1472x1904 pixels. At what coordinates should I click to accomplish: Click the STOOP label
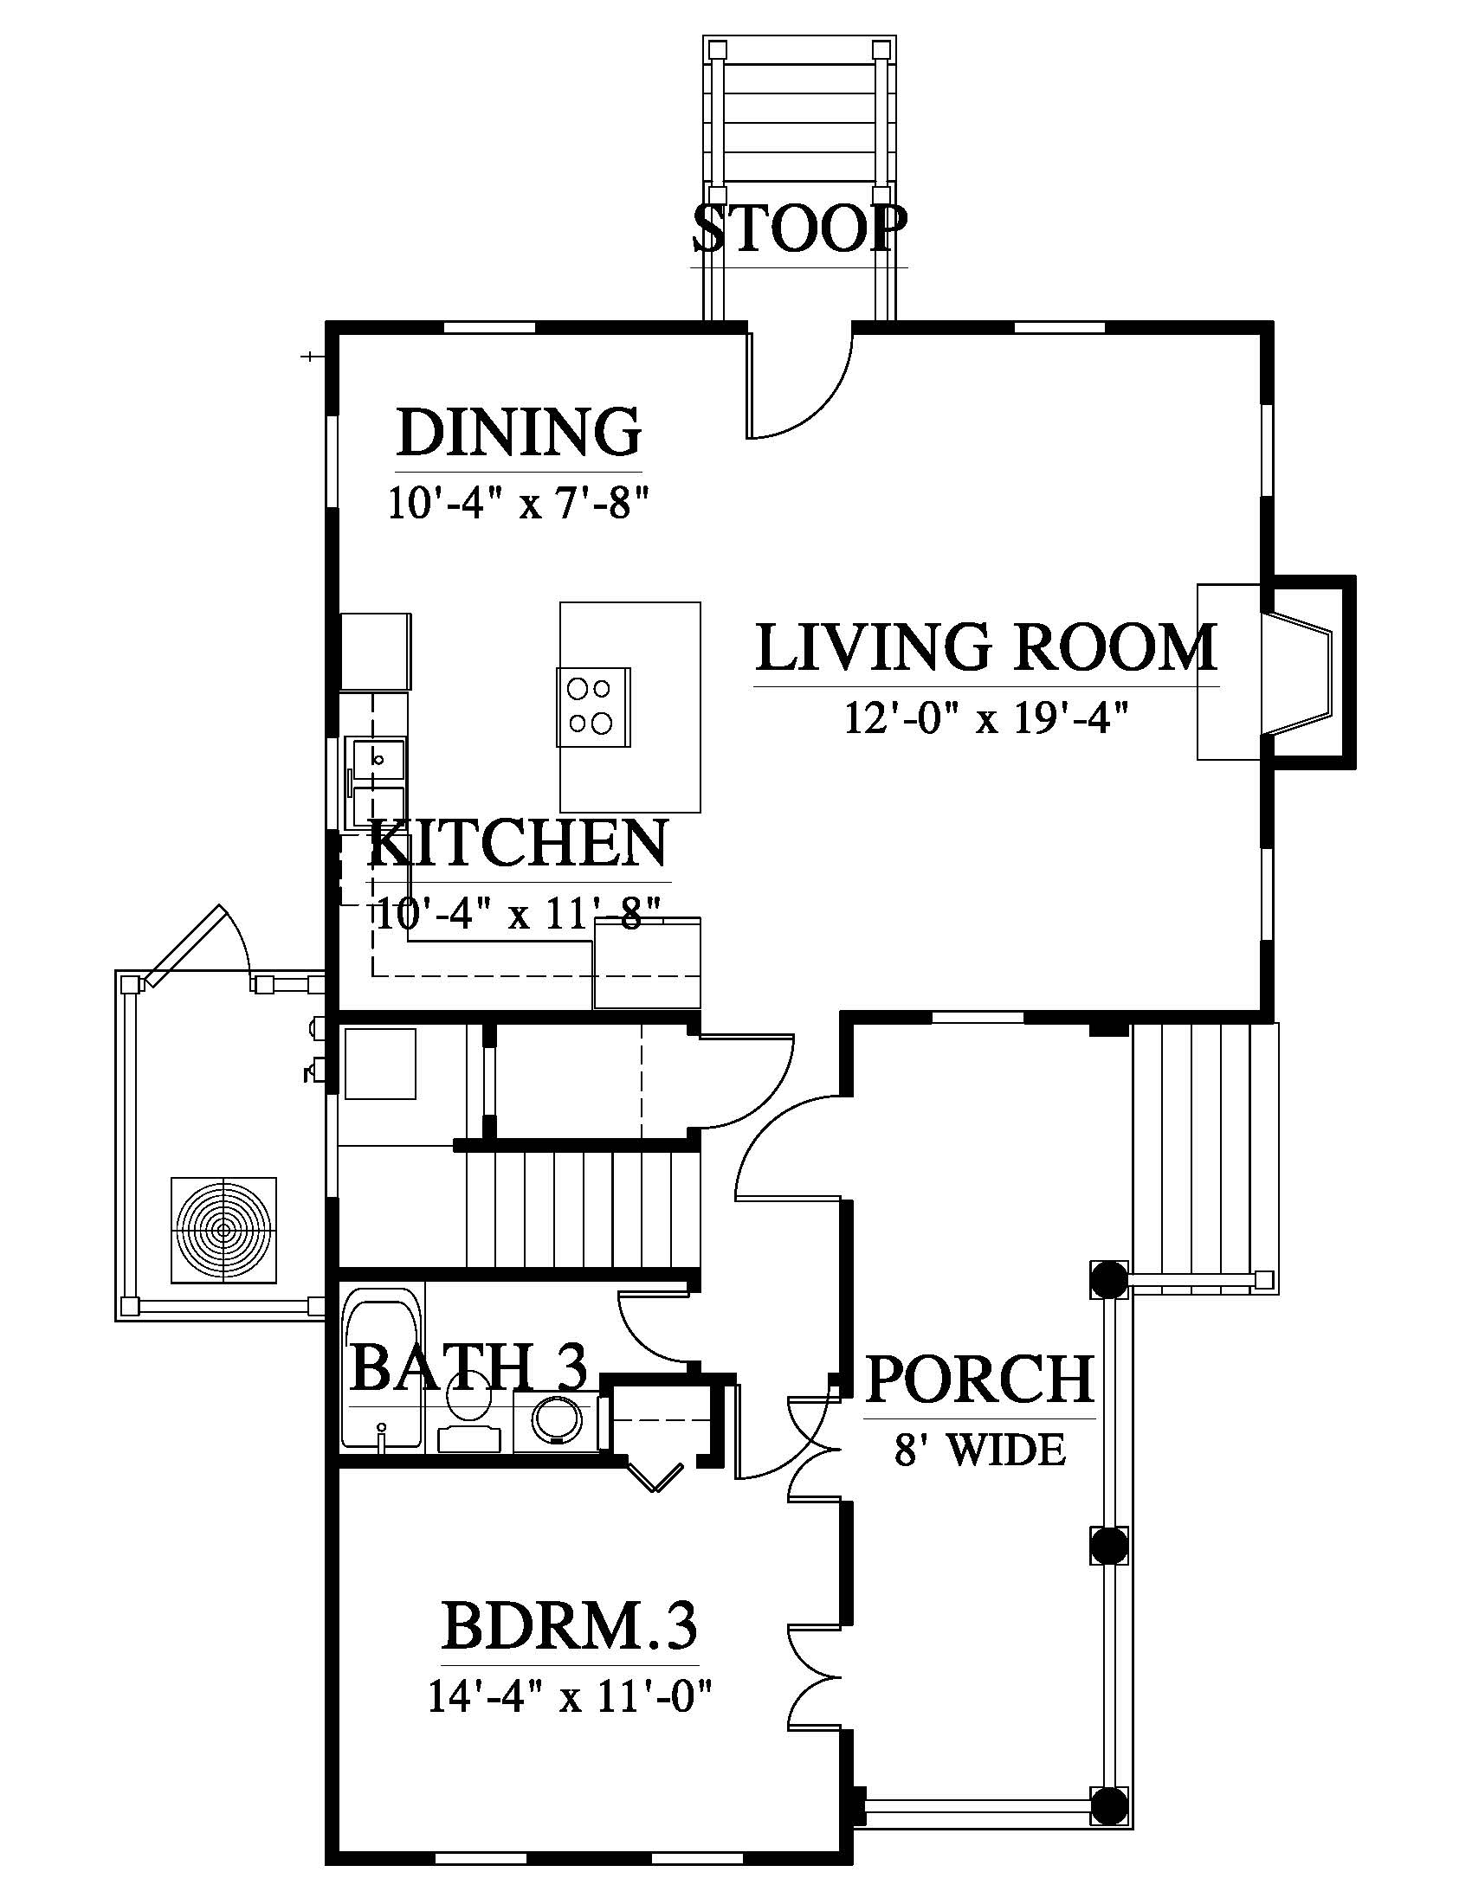pos(799,228)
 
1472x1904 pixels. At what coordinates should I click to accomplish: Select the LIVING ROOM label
pos(986,646)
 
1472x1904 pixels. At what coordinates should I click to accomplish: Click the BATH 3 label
pos(469,1366)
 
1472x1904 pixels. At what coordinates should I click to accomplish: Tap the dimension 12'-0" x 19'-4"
pos(986,719)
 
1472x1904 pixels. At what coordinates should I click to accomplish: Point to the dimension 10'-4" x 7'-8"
pos(520,503)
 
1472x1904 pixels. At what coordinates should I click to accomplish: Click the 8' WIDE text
pos(980,1450)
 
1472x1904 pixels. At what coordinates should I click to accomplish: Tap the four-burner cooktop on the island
pos(593,706)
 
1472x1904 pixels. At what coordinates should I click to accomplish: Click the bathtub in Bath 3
pos(383,1378)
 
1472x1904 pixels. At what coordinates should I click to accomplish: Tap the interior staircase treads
pos(583,1209)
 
